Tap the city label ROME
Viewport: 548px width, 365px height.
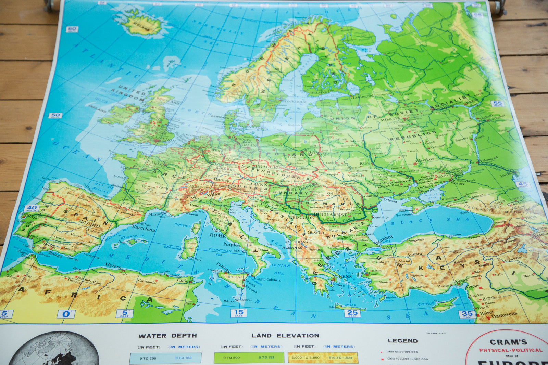[x=217, y=235]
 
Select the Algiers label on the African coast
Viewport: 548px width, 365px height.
[x=112, y=266]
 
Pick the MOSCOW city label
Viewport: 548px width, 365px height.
[x=390, y=119]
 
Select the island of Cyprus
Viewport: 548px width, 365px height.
[x=444, y=304]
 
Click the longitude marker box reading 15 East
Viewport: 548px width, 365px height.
[x=238, y=313]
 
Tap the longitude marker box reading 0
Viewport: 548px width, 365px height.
[x=66, y=314]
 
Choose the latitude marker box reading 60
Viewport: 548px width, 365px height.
[x=72, y=29]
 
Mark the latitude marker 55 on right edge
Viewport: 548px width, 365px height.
[x=497, y=104]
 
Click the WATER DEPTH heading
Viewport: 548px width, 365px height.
[x=167, y=336]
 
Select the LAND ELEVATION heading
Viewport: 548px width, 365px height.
[x=285, y=336]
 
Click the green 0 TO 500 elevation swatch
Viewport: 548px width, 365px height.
[x=249, y=358]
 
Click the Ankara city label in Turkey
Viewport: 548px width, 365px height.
[x=414, y=254]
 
